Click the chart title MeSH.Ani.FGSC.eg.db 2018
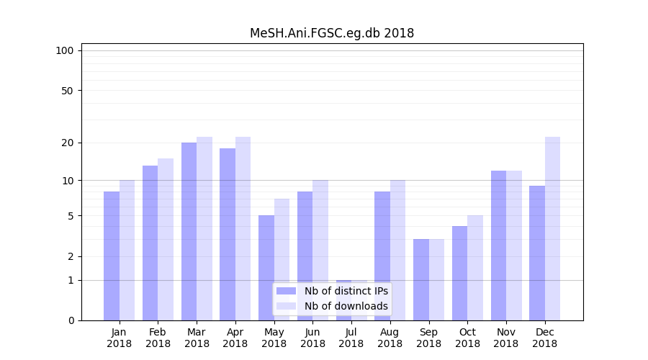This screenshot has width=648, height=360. click(331, 33)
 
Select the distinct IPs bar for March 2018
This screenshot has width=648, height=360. click(189, 231)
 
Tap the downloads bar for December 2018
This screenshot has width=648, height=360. click(552, 228)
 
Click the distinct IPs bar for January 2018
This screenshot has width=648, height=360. click(112, 256)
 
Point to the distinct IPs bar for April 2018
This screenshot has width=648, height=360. click(228, 234)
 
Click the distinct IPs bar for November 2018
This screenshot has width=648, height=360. click(498, 246)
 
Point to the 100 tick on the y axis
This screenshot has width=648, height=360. click(65, 50)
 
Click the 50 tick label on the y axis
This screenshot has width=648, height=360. click(67, 91)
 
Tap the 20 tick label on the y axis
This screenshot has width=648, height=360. click(67, 143)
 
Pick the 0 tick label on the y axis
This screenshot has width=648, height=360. click(71, 320)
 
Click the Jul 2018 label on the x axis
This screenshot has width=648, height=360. click(351, 338)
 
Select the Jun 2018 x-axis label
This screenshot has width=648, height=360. click(312, 338)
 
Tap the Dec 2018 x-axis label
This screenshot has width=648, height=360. click(545, 338)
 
